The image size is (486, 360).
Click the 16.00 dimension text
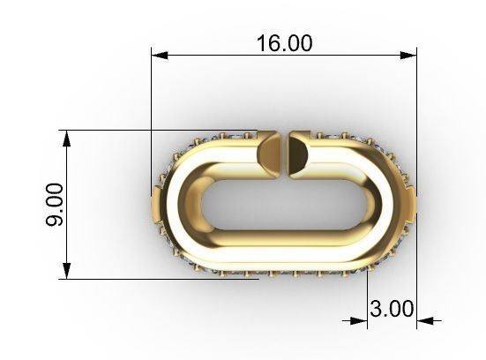(x=284, y=42)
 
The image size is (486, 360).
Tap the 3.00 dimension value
(x=392, y=309)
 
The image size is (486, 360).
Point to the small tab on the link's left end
(x=156, y=206)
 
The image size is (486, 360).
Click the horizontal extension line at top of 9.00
(x=132, y=130)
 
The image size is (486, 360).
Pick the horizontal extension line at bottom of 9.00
(x=132, y=280)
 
